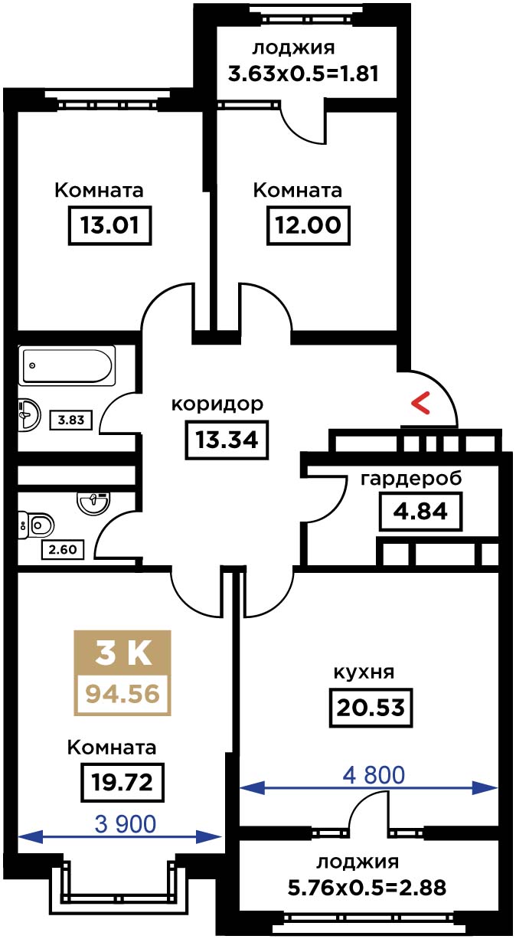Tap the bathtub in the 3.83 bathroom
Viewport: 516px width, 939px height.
tap(67, 365)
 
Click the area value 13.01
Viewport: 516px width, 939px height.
tap(109, 225)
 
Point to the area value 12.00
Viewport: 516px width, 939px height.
tap(308, 225)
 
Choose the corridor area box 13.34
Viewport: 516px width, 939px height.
tap(227, 440)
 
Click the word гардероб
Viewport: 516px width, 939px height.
tap(411, 478)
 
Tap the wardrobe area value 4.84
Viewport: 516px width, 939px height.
tap(420, 512)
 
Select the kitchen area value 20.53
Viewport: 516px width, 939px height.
tap(371, 708)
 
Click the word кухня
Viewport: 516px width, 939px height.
tap(364, 672)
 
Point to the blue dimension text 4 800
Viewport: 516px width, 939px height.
tap(374, 775)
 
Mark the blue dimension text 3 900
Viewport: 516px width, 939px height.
tap(126, 824)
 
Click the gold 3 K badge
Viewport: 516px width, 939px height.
tap(122, 653)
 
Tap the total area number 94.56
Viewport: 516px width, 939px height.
tap(122, 694)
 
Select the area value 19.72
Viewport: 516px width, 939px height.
tap(122, 782)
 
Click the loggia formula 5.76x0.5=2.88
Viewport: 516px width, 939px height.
tap(367, 888)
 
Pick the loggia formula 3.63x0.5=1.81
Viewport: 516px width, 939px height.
tap(303, 74)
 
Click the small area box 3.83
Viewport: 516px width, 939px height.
tap(71, 420)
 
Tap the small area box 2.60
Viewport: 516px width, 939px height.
tap(63, 549)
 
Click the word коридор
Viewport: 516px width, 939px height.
tap(217, 405)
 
